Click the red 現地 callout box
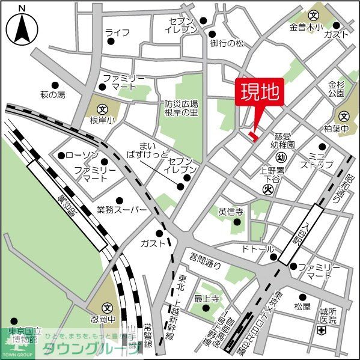click(x=260, y=93)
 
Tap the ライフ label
click(x=117, y=32)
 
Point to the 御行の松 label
click(x=227, y=44)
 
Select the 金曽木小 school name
click(x=306, y=27)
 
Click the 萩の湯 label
click(x=52, y=95)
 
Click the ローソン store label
click(x=77, y=156)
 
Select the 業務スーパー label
click(x=121, y=210)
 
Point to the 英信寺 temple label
click(x=231, y=212)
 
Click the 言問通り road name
click(x=205, y=260)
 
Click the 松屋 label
click(x=302, y=307)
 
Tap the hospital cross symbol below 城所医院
click(x=322, y=331)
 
